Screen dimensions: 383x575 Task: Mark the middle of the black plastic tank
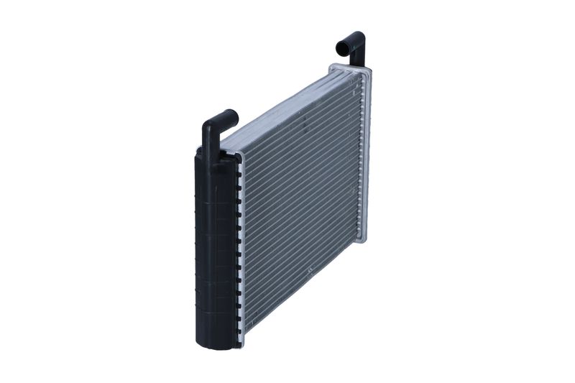pos(213,248)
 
